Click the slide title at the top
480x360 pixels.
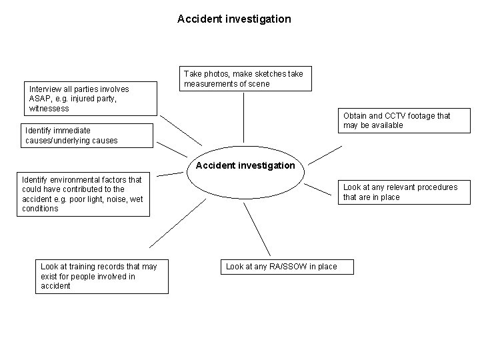point(234,19)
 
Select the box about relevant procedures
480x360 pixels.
point(402,192)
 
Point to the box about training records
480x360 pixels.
point(103,276)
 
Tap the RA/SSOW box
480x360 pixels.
point(287,267)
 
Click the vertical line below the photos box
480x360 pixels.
point(244,120)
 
